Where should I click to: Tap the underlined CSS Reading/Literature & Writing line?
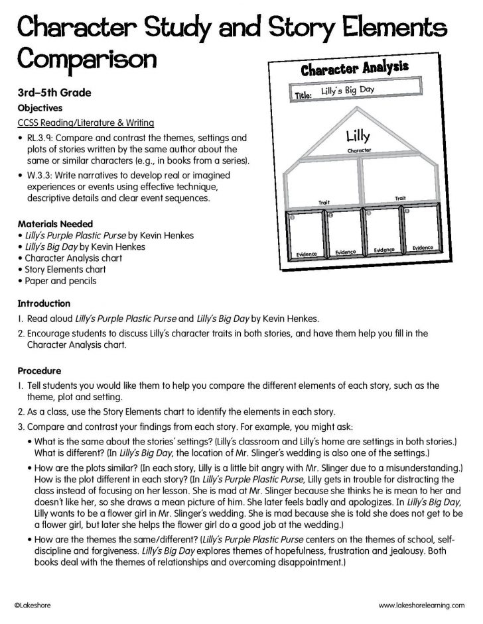coord(86,123)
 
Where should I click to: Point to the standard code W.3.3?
coord(37,175)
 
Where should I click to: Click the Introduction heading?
coord(43,303)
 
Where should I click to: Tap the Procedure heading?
coord(39,371)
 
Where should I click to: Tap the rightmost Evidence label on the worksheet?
coord(422,248)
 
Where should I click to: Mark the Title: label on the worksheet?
coord(303,96)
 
